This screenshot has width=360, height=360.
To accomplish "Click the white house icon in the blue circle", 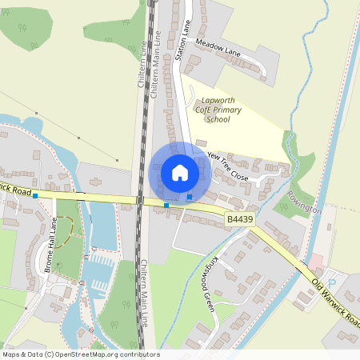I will (x=179, y=172).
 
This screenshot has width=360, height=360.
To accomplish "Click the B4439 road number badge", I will (x=238, y=218).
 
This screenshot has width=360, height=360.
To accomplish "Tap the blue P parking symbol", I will (x=333, y=284).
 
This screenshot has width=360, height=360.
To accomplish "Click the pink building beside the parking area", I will (x=316, y=262).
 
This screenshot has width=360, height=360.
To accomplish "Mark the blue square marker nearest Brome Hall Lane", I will (x=35, y=195).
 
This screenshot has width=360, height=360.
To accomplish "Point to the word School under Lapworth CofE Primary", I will (x=217, y=119).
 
